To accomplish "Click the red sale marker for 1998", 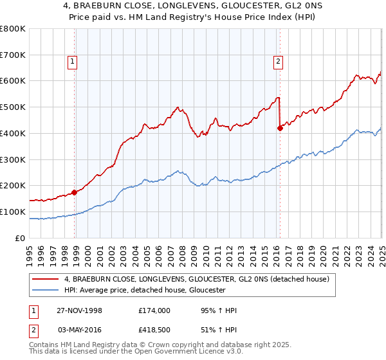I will coord(75,192).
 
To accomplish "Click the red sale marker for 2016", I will coord(280,128).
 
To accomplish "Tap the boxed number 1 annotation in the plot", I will coord(71,62).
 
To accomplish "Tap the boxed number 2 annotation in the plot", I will coord(278,62).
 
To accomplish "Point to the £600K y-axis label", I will coord(13,81).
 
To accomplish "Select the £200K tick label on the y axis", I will coord(13,186).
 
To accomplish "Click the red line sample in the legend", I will coord(44,279).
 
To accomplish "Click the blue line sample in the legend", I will coord(44,290).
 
